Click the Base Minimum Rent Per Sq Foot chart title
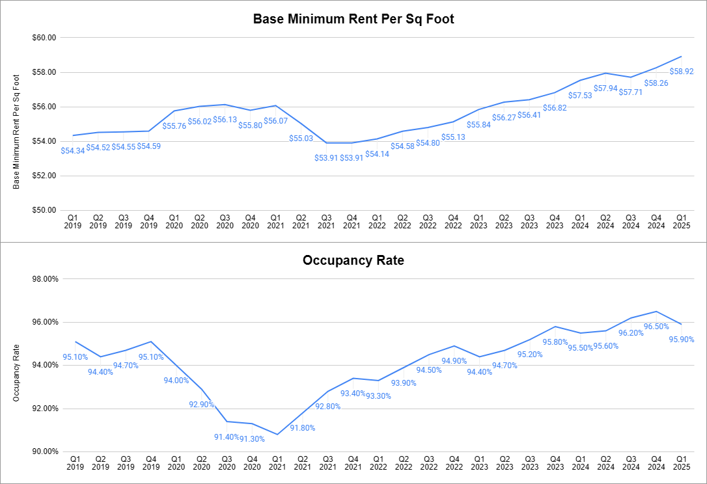click(x=353, y=19)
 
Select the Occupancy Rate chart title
click(x=353, y=261)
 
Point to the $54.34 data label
click(x=72, y=151)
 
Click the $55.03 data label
click(x=301, y=138)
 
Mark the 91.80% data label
click(x=303, y=427)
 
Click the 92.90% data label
click(x=202, y=404)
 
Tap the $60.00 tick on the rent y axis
click(x=45, y=38)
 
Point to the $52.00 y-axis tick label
click(x=45, y=176)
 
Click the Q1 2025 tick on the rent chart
click(x=681, y=222)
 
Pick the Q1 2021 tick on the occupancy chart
click(x=277, y=463)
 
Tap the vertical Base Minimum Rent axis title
click(x=17, y=131)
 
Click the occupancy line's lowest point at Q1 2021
click(x=277, y=434)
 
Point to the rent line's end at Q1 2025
click(x=681, y=56)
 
